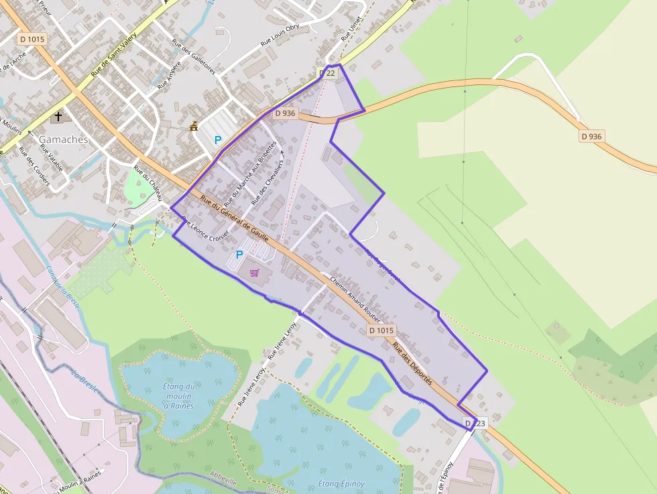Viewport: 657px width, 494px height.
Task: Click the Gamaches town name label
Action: (63, 139)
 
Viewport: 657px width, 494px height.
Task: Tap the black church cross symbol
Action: (58, 116)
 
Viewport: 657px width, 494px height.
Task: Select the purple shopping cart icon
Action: (254, 272)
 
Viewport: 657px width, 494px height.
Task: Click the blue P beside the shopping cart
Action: (239, 255)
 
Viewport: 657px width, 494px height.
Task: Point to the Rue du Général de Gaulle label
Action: (235, 219)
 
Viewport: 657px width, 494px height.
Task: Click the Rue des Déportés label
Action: (413, 364)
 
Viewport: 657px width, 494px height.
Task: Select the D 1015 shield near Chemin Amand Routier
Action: (381, 331)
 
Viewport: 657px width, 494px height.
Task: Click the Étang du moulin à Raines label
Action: (179, 395)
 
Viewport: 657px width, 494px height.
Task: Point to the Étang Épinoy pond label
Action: (341, 484)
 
